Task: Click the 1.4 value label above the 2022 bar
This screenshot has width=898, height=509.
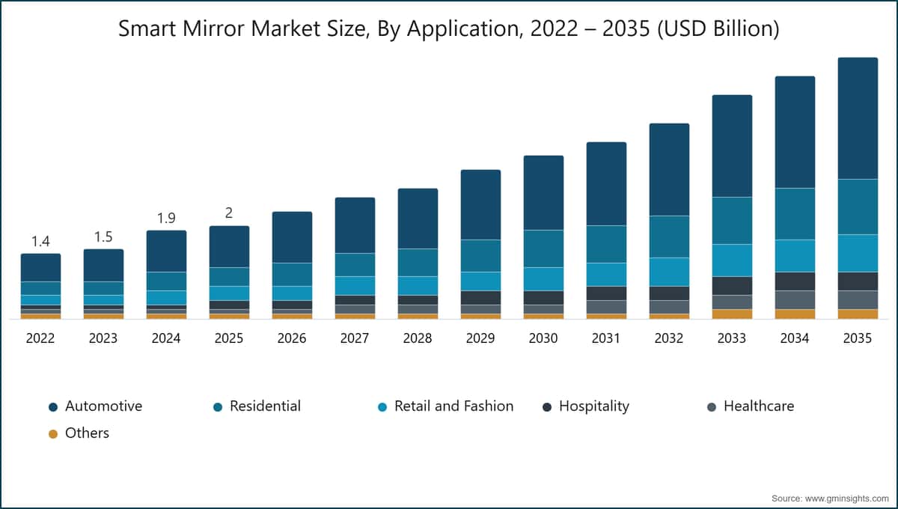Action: [x=40, y=242]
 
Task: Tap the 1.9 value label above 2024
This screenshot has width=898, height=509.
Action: [x=166, y=219]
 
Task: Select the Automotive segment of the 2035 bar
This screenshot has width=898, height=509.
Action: [x=858, y=118]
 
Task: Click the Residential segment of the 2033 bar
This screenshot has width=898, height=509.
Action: [x=732, y=221]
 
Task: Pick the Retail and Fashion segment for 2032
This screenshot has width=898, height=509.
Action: [x=669, y=272]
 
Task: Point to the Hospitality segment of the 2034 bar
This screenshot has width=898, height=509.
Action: [x=795, y=281]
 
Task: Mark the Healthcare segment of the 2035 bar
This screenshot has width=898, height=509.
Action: [x=858, y=300]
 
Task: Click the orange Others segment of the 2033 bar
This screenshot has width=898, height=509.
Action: [x=732, y=314]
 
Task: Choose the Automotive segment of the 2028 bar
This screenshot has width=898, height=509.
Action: [x=418, y=219]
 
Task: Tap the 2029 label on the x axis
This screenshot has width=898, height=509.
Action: [x=480, y=338]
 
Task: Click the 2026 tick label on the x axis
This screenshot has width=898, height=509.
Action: [x=292, y=338]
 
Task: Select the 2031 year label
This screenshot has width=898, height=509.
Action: [x=606, y=338]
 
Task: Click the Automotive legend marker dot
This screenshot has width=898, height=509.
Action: [x=53, y=407]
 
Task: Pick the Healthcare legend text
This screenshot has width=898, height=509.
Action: [x=759, y=406]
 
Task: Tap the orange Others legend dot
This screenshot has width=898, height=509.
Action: [x=53, y=434]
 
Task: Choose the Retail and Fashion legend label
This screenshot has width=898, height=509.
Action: [x=453, y=406]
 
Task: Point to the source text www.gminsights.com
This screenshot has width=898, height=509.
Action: [x=846, y=499]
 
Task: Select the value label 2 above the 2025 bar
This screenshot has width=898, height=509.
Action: [x=229, y=213]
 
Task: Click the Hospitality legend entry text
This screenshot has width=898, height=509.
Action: [x=594, y=406]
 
